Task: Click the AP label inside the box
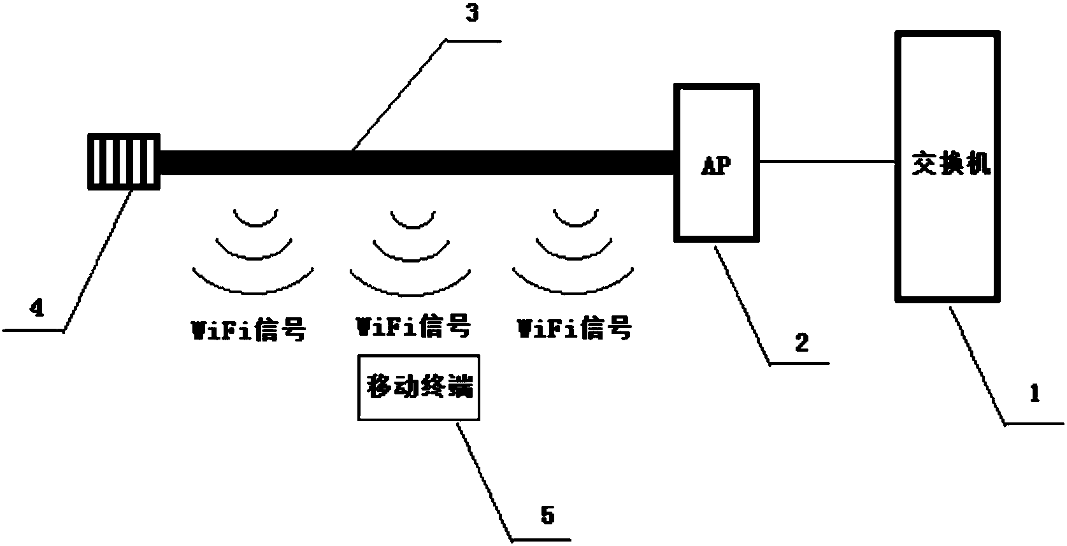(x=716, y=166)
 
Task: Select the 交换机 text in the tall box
(x=951, y=164)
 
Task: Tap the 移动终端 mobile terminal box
(x=419, y=387)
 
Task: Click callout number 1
(x=1034, y=394)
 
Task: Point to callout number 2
(x=801, y=343)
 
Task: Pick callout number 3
(x=472, y=13)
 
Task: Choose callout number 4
(x=37, y=307)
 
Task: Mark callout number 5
(x=548, y=515)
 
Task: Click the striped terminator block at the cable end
(x=124, y=162)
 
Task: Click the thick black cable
(x=417, y=163)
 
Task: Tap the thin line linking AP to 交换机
(x=827, y=162)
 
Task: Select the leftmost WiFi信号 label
(x=248, y=329)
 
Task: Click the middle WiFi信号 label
(x=413, y=326)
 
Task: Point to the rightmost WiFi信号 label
(x=575, y=327)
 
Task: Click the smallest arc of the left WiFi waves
(x=256, y=218)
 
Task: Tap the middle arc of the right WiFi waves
(x=574, y=248)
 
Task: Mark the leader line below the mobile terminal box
(x=485, y=481)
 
